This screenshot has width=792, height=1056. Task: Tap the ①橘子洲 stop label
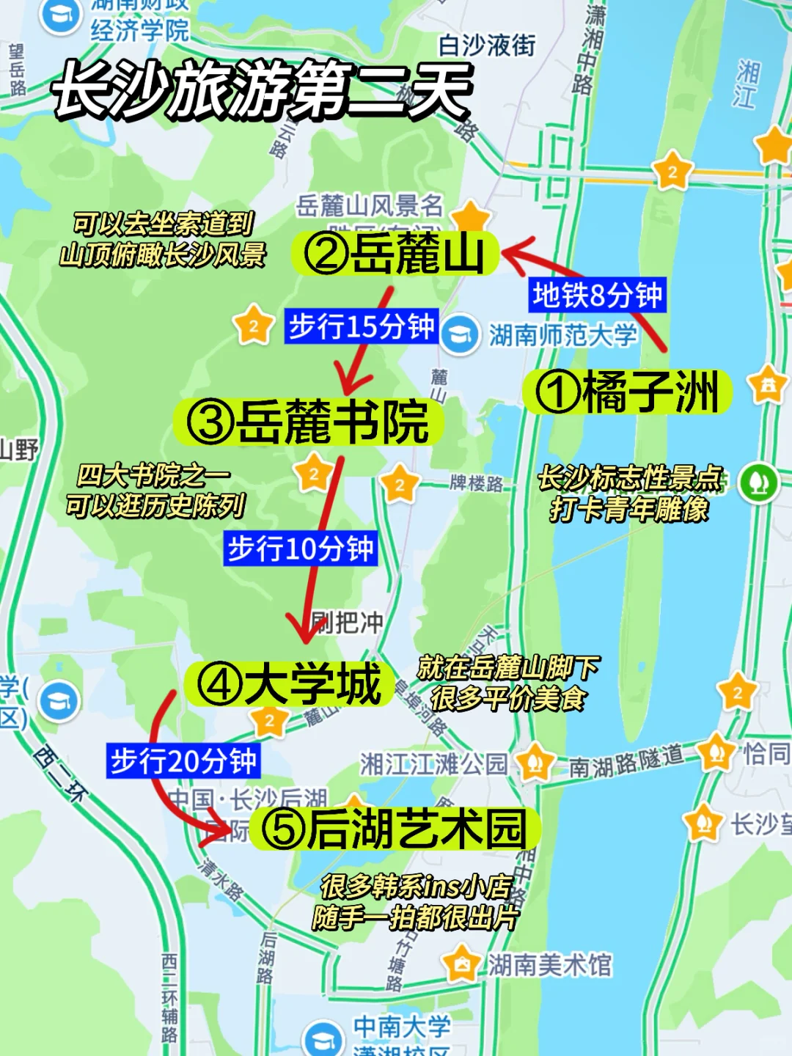click(628, 392)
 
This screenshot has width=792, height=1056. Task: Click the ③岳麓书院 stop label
click(308, 422)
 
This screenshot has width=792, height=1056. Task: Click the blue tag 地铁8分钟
click(597, 296)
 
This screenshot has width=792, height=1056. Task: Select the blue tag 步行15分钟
click(361, 326)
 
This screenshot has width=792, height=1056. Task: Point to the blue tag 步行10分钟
click(300, 549)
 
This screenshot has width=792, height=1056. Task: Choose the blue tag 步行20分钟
click(183, 761)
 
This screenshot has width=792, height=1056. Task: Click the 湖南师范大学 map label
click(563, 336)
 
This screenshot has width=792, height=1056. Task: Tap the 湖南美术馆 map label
click(550, 965)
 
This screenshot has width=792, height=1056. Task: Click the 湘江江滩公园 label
click(433, 764)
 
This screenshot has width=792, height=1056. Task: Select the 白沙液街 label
click(487, 45)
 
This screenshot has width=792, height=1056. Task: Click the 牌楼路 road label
click(477, 483)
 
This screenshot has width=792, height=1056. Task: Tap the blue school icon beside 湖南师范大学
click(460, 334)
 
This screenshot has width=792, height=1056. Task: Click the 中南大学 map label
click(402, 1026)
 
